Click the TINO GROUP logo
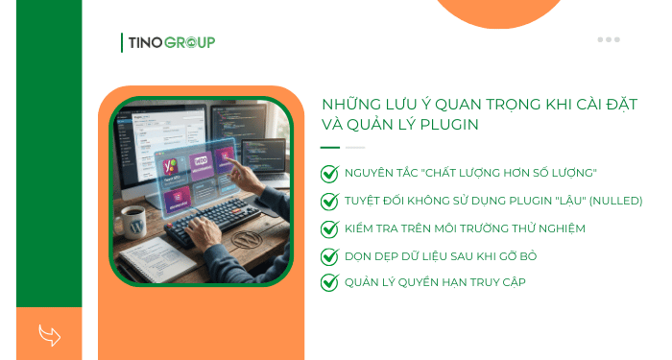point(169,41)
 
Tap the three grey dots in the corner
point(609,39)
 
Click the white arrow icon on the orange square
point(49,334)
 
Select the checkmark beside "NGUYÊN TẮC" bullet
point(329,173)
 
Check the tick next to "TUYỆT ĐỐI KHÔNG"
point(329,201)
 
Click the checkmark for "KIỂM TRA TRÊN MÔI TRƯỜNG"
point(329,228)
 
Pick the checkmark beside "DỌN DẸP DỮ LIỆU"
point(329,255)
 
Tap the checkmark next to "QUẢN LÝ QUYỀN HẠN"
point(329,282)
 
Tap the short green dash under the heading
point(330,148)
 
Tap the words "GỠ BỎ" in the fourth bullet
point(519,255)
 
